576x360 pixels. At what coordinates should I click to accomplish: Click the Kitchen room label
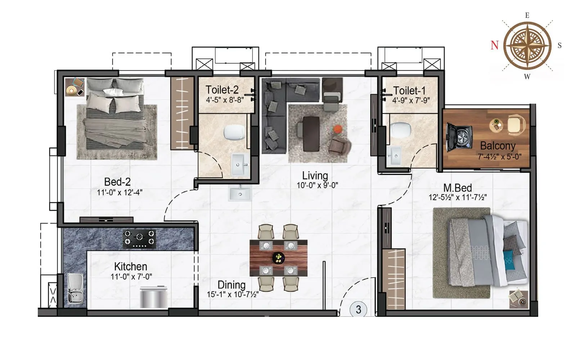[130, 266]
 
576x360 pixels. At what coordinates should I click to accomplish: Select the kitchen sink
[75, 288]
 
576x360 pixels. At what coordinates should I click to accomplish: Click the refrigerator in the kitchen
[153, 297]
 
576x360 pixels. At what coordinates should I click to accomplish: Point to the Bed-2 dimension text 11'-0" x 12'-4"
[120, 192]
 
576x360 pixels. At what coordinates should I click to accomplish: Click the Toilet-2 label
[222, 90]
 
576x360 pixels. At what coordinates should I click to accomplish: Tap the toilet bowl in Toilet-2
[234, 132]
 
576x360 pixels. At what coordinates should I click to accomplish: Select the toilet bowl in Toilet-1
[401, 129]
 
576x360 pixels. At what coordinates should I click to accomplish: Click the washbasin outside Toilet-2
[240, 193]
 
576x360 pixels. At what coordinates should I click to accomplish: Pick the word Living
[315, 176]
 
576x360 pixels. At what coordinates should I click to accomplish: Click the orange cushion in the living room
[337, 129]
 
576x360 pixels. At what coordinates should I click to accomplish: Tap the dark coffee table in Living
[311, 134]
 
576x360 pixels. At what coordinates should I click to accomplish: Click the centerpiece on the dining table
[278, 257]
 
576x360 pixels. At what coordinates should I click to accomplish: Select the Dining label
[231, 285]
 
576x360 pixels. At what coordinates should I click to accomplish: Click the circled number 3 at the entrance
[358, 310]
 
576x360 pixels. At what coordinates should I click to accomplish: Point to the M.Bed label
[457, 188]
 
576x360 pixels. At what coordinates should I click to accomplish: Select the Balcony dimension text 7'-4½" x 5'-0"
[499, 157]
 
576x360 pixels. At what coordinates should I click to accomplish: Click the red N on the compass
[495, 45]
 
